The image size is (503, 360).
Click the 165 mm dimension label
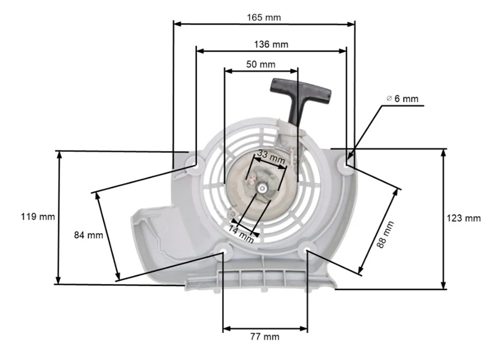point(264,17)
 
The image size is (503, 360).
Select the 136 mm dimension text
point(271,44)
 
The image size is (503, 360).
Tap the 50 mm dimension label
point(261,64)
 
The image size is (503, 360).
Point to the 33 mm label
point(270,157)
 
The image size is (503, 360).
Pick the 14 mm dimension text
point(241,234)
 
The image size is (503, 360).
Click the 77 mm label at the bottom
point(264,337)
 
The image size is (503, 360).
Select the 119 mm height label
point(38,217)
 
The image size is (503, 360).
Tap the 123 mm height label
point(464,218)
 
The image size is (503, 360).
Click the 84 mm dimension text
point(89,235)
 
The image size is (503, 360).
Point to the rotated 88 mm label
point(385,234)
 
